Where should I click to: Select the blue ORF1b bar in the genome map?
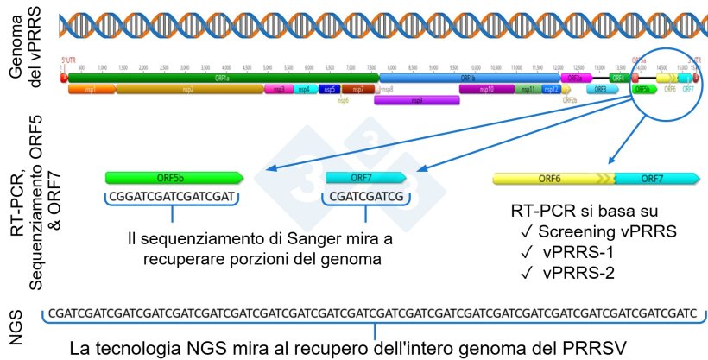[471, 78]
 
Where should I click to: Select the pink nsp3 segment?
[278, 89]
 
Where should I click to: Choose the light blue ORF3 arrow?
[601, 89]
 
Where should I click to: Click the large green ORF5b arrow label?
[174, 178]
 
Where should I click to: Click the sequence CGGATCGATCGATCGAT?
[174, 198]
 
